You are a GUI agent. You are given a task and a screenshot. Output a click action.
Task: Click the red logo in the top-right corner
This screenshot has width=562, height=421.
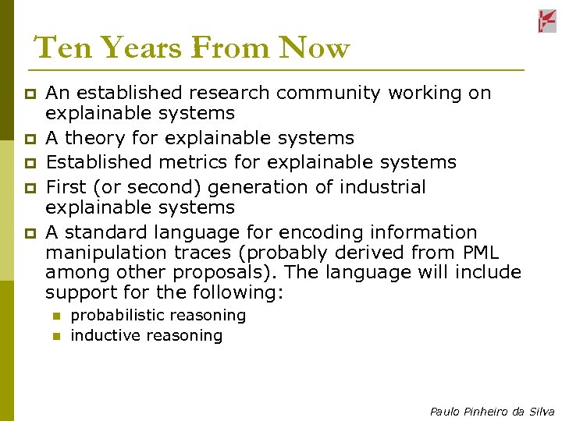(546, 21)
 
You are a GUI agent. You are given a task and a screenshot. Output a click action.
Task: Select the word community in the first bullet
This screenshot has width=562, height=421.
(326, 94)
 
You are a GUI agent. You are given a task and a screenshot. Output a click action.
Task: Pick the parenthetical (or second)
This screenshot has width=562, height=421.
(135, 188)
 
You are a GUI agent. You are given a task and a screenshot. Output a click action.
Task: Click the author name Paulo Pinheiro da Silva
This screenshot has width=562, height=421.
(492, 412)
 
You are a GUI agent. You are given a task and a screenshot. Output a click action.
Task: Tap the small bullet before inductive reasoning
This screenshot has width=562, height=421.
(56, 337)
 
